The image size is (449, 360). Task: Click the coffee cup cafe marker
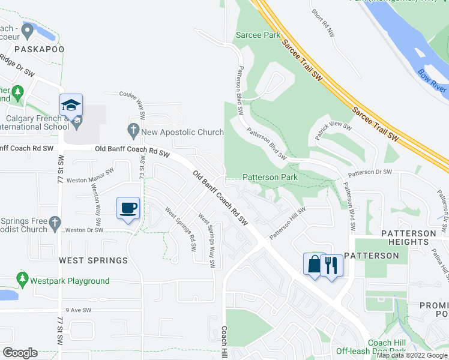coord(129,208)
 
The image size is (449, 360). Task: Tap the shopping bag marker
coord(314,265)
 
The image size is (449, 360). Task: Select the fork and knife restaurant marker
coord(331,265)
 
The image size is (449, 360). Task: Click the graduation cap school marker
coord(71,106)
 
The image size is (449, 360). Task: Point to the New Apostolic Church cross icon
coord(133,129)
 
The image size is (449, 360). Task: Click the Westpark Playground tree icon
coord(23,280)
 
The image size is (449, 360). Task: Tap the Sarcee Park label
coord(258,35)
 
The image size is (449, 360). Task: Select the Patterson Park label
coord(270,178)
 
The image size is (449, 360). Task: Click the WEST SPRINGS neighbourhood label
coord(93,260)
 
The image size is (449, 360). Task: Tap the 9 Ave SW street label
coord(78,310)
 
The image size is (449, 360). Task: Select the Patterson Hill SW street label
coord(288,223)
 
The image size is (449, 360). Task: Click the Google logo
coord(20,353)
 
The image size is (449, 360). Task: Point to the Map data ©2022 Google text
coord(412,355)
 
